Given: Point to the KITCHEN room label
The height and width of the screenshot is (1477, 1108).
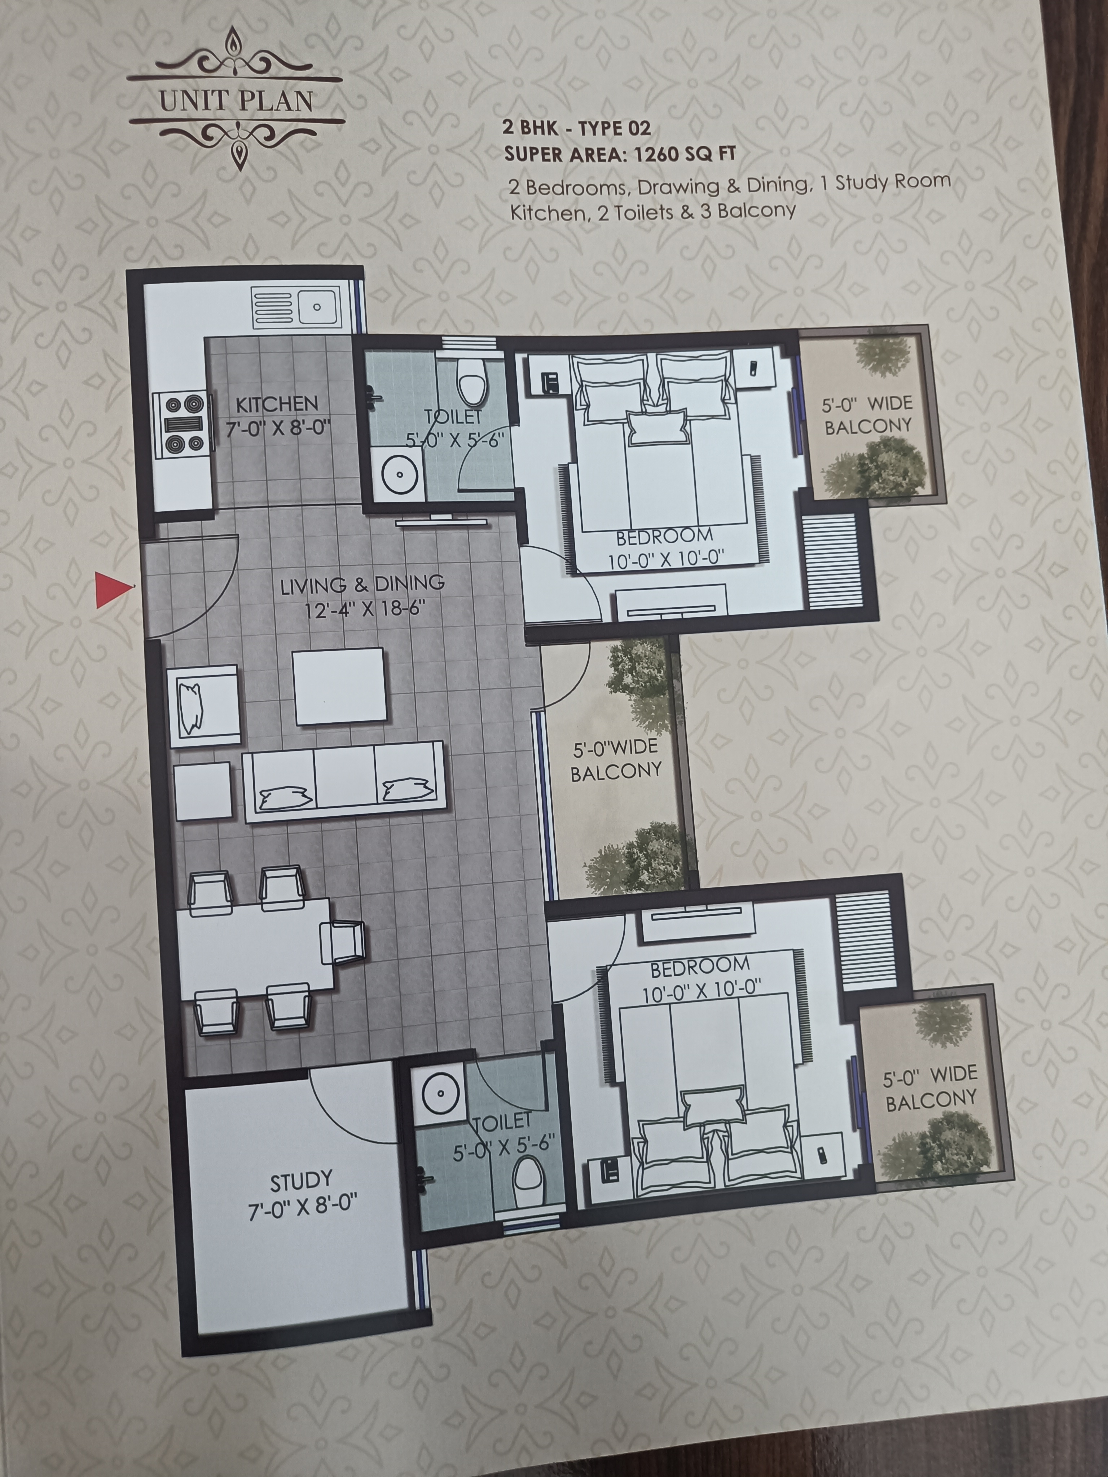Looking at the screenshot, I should pyautogui.click(x=277, y=404).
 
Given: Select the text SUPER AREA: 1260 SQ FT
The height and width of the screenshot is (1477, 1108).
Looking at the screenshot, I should pyautogui.click(x=620, y=155).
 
